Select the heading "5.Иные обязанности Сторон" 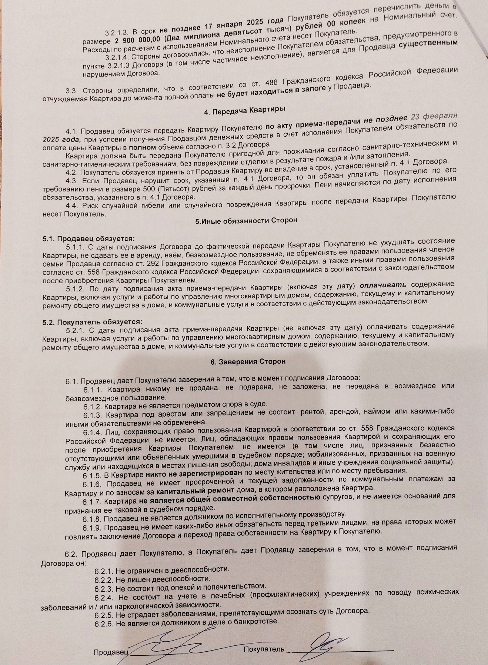tap(246, 220)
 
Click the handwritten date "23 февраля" tap(431, 118)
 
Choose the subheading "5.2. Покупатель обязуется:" tap(93, 321)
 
